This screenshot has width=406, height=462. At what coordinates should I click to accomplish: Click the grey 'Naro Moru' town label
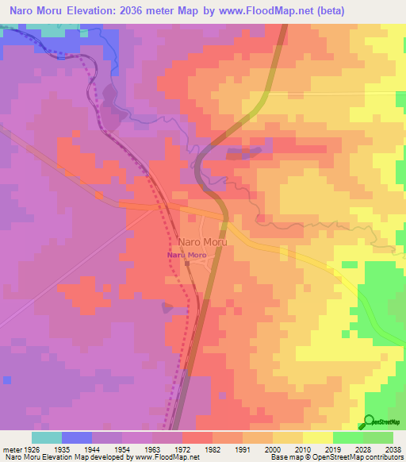click(x=203, y=241)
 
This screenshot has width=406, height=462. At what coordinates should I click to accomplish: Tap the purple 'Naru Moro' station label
click(x=186, y=255)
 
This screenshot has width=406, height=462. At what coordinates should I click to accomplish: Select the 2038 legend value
click(x=394, y=448)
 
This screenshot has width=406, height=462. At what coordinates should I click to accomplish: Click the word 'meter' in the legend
click(x=11, y=448)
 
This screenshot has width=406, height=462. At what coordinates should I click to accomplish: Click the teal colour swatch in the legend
click(x=46, y=437)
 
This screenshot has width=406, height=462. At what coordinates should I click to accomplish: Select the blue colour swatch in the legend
click(x=76, y=437)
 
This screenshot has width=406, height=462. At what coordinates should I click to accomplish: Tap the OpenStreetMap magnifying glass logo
click(x=368, y=422)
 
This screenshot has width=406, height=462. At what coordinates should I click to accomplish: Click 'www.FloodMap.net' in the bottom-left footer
click(x=166, y=457)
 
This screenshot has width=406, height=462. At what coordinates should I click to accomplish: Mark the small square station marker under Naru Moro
click(x=187, y=264)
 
